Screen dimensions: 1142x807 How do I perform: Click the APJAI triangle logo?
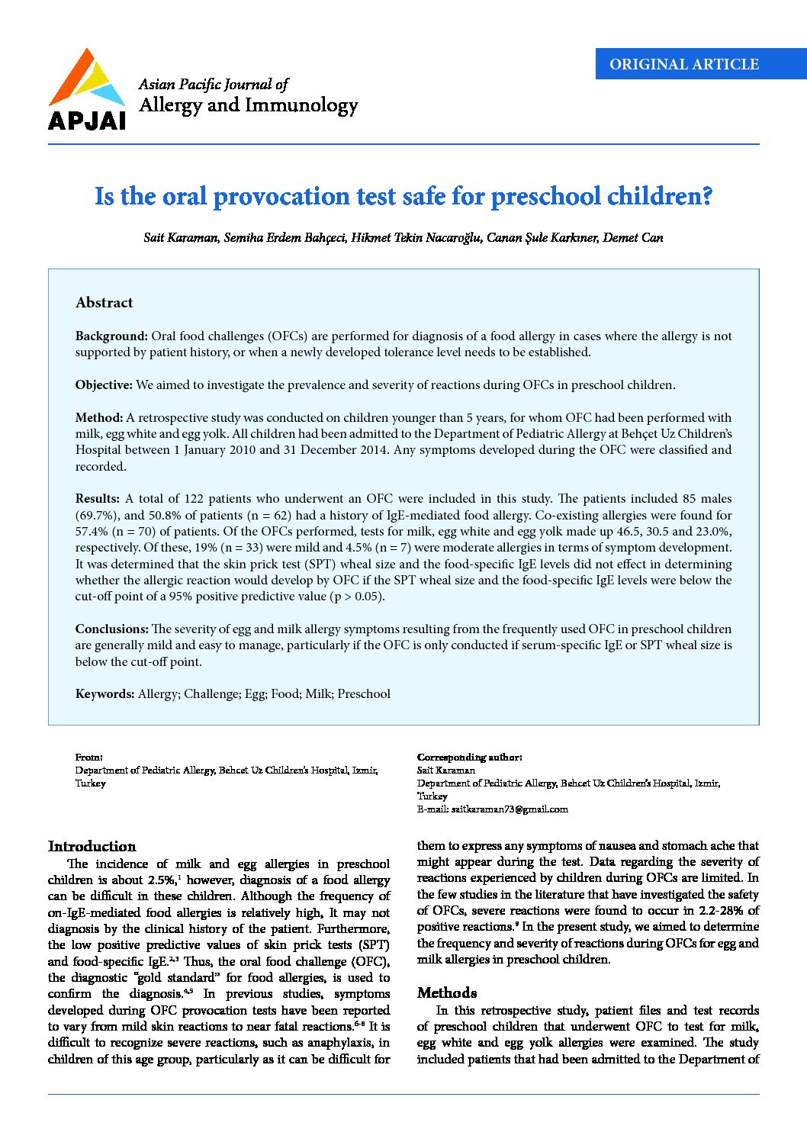click(85, 80)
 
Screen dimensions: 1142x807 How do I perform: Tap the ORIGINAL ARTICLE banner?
click(683, 64)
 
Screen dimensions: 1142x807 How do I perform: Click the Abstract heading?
click(104, 303)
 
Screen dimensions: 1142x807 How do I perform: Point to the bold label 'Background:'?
click(111, 336)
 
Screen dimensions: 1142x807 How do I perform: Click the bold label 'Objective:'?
click(104, 385)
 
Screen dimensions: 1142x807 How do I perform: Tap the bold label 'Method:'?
click(98, 418)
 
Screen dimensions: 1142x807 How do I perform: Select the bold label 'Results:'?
click(97, 499)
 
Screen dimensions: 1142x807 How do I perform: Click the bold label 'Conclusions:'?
click(111, 629)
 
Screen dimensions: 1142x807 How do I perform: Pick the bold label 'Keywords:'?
click(104, 694)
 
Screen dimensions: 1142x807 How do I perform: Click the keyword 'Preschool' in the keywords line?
click(364, 694)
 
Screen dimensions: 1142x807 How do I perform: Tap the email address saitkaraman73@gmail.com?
click(509, 809)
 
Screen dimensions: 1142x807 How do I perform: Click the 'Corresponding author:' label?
click(469, 758)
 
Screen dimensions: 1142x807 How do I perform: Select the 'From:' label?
click(88, 758)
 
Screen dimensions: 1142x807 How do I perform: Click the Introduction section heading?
click(92, 847)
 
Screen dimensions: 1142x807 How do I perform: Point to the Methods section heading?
click(447, 993)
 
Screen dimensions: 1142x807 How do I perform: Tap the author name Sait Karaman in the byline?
click(180, 238)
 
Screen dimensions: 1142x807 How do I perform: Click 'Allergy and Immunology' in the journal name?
click(248, 105)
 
